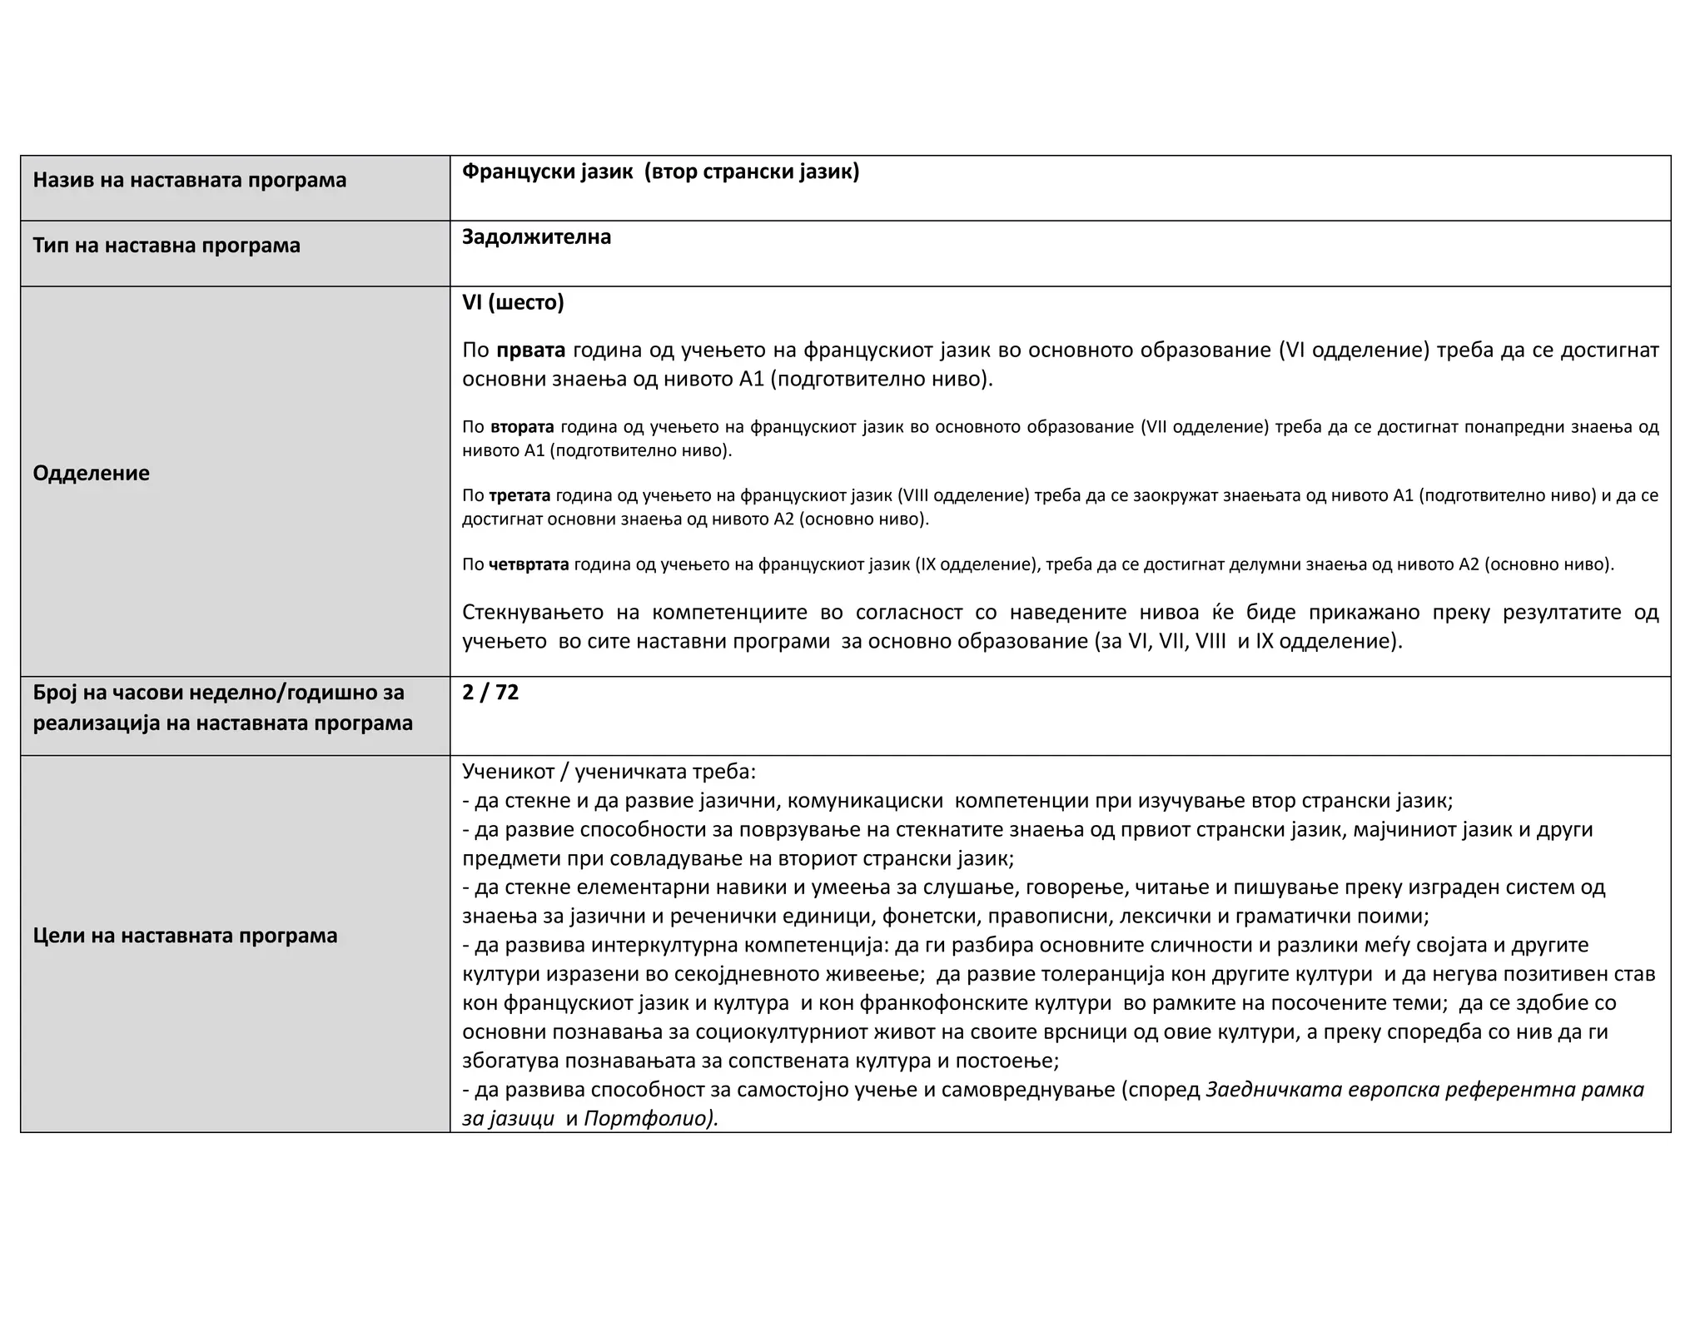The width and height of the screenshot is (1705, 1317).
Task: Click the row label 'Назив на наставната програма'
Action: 189,180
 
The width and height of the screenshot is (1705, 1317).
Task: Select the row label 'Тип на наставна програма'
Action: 166,246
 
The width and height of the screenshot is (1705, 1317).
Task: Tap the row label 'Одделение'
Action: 91,473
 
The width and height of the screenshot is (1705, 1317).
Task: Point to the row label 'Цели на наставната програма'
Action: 185,935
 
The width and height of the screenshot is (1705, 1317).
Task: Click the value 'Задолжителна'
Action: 536,237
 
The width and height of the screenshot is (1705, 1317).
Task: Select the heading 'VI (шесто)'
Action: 513,302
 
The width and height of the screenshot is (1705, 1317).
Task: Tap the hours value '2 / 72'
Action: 490,693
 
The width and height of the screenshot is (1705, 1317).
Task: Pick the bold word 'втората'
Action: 522,427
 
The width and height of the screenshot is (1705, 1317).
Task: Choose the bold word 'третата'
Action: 519,496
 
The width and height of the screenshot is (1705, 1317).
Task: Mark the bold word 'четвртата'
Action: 529,564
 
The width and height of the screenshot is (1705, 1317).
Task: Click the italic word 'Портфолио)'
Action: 650,1118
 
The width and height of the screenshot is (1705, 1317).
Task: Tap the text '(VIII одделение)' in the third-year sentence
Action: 963,496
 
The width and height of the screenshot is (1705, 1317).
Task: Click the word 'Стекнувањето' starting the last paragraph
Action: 533,613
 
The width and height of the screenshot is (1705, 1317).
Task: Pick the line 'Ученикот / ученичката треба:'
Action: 609,772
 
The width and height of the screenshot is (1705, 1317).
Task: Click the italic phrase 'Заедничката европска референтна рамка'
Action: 1424,1090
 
